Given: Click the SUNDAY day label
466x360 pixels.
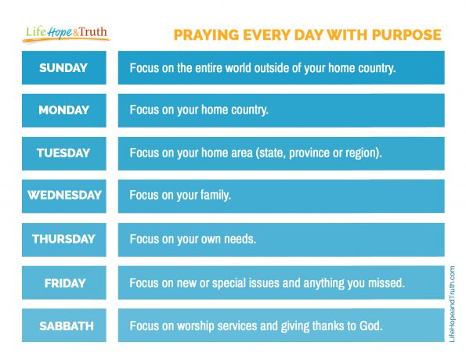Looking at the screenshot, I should (x=64, y=68).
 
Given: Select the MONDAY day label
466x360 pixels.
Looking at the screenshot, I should (x=64, y=110).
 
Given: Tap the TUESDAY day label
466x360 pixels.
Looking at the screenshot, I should (x=64, y=153).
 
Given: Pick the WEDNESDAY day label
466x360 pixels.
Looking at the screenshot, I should (x=64, y=196).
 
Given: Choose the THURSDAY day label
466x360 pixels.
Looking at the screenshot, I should (x=64, y=239).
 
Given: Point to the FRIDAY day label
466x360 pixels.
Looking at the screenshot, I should (x=64, y=283).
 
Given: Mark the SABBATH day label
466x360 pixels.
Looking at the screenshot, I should (x=64, y=325).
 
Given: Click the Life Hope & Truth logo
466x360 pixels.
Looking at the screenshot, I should (x=67, y=34).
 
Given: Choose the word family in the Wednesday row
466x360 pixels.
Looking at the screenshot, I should (x=215, y=196).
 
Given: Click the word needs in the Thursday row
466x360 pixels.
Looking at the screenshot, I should (x=240, y=239).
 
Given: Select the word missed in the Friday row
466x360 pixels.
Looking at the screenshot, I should (x=386, y=283).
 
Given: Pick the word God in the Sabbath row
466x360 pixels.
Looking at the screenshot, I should (x=371, y=325).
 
